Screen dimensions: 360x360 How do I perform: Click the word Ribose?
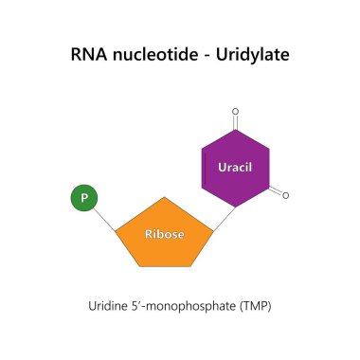pos(164,234)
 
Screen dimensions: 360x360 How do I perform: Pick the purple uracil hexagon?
pos(235,169)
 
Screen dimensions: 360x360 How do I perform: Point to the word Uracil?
pos(235,168)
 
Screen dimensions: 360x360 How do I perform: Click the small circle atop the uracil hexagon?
pos(235,110)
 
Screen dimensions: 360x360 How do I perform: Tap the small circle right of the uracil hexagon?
pos(285,196)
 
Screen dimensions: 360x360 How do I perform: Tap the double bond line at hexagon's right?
pos(276,190)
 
